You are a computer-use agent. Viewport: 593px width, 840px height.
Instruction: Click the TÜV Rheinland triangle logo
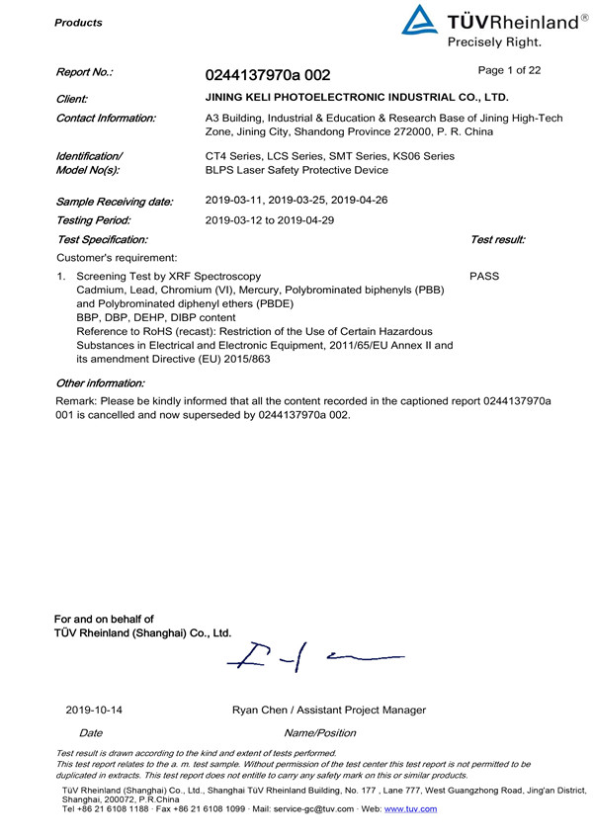(x=419, y=21)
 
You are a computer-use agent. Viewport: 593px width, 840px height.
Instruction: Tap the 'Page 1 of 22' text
(x=508, y=70)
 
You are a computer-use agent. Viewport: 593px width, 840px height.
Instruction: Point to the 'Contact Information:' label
(x=107, y=119)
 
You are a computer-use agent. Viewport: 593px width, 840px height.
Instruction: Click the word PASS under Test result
(x=484, y=277)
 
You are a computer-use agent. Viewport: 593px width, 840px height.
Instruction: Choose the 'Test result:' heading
(x=498, y=239)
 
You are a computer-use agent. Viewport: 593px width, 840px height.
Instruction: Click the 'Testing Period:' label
(x=94, y=220)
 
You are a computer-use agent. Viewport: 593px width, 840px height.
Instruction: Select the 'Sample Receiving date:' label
(x=115, y=202)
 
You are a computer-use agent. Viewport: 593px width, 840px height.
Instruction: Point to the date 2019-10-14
(x=95, y=710)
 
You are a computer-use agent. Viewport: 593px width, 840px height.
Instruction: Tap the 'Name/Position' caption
(x=319, y=732)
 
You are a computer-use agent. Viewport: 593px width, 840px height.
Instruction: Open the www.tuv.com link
(x=414, y=809)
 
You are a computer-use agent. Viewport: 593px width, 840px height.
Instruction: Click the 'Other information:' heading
(x=101, y=381)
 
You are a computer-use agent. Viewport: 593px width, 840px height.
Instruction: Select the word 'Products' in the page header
(x=78, y=22)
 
